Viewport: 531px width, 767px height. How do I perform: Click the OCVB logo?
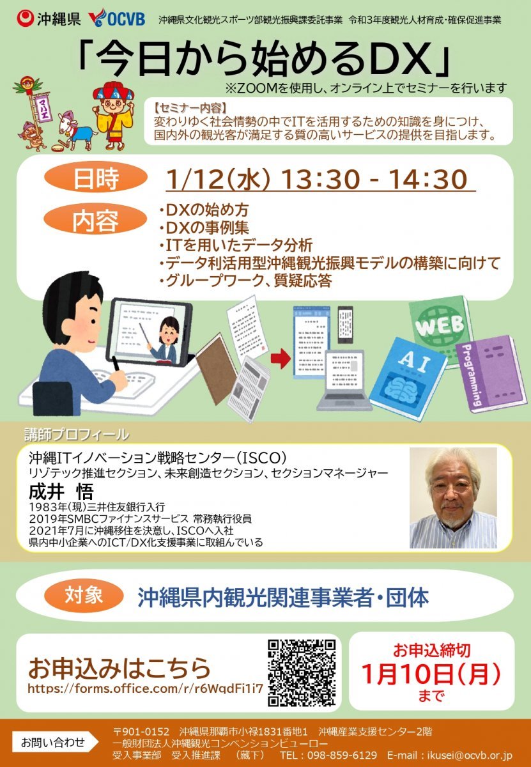[116, 19]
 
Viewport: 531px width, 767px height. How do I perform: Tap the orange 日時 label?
[96, 178]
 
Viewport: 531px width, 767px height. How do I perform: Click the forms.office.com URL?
[145, 688]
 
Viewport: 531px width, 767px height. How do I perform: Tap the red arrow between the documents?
[281, 358]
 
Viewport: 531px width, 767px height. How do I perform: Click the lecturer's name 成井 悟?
[61, 492]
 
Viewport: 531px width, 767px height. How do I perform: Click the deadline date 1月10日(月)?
[431, 674]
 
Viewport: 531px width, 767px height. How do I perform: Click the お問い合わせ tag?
[55, 743]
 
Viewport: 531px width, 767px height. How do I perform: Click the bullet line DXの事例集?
[204, 228]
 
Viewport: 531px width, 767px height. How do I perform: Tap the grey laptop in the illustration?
[344, 380]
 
